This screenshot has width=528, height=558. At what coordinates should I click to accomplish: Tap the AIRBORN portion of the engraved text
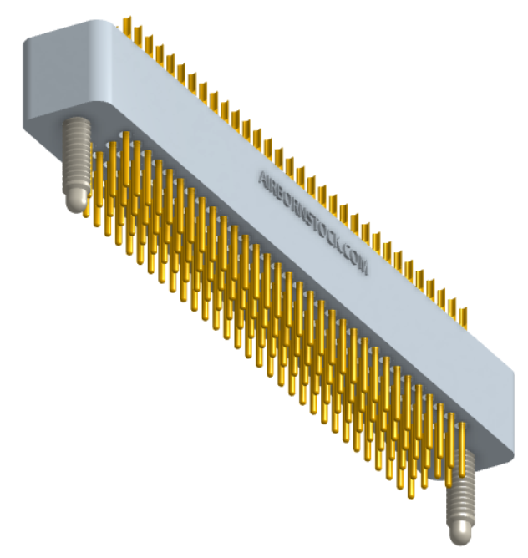click(x=285, y=199)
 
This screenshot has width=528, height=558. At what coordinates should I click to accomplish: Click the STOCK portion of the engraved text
click(x=324, y=235)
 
